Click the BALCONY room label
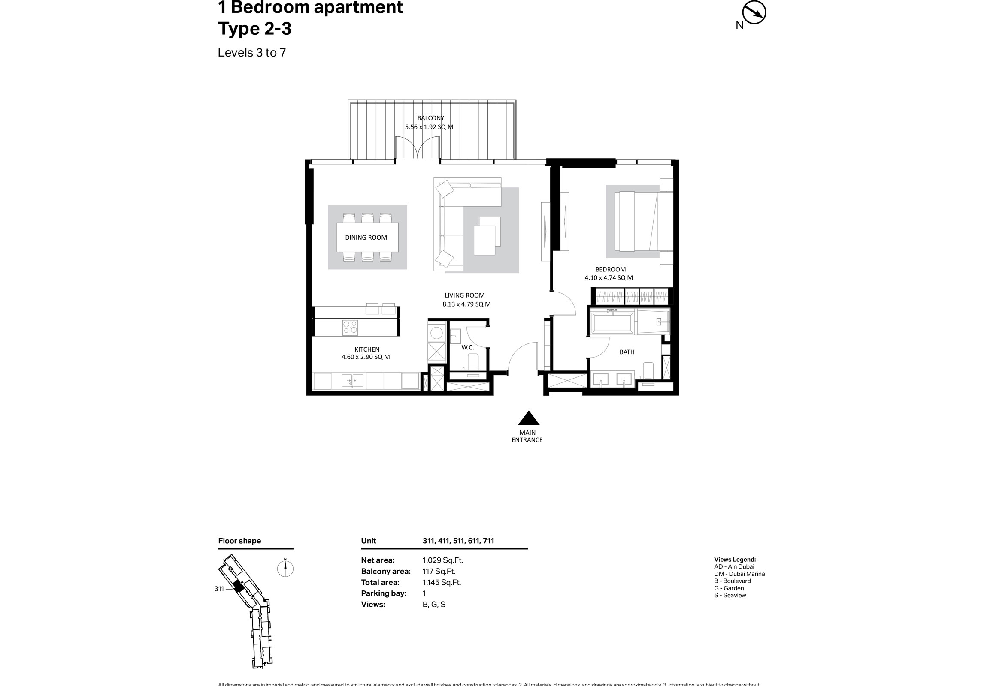pos(430,118)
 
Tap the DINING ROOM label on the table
pos(366,238)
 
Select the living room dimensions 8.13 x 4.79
pos(466,304)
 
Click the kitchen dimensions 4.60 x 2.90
pos(365,357)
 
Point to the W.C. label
pos(468,347)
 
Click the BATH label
pos(627,352)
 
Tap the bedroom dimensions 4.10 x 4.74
pos(608,278)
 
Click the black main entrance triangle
pos(528,418)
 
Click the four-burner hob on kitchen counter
pos(350,328)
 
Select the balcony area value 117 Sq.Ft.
pos(439,571)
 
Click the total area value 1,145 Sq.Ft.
pos(442,583)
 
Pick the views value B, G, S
pos(434,605)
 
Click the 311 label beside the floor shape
pos(219,589)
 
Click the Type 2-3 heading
pos(254,29)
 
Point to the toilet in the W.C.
pos(472,362)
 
